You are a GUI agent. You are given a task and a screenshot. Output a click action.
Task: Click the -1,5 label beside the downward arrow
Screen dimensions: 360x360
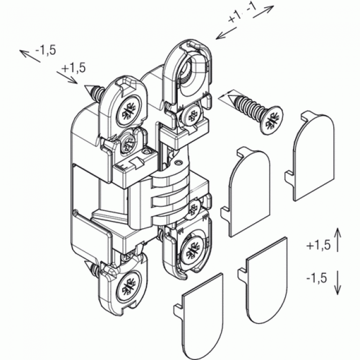(317, 278)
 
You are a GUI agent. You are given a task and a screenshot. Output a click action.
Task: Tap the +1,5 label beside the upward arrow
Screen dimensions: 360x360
(318, 245)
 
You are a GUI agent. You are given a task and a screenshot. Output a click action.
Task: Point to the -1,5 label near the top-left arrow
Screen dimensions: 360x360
(45, 50)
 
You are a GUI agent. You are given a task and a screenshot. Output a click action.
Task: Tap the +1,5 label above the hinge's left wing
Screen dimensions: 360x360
(73, 68)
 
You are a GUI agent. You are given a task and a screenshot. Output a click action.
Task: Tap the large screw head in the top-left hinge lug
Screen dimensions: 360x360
(129, 111)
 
